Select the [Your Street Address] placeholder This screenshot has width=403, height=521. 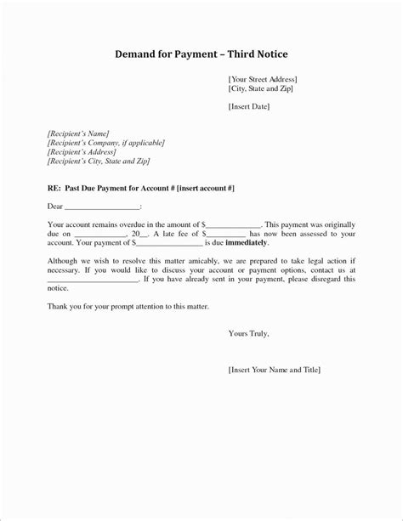tap(263, 79)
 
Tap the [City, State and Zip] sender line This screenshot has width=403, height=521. tap(261, 88)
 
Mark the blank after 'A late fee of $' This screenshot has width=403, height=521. tap(226, 233)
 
